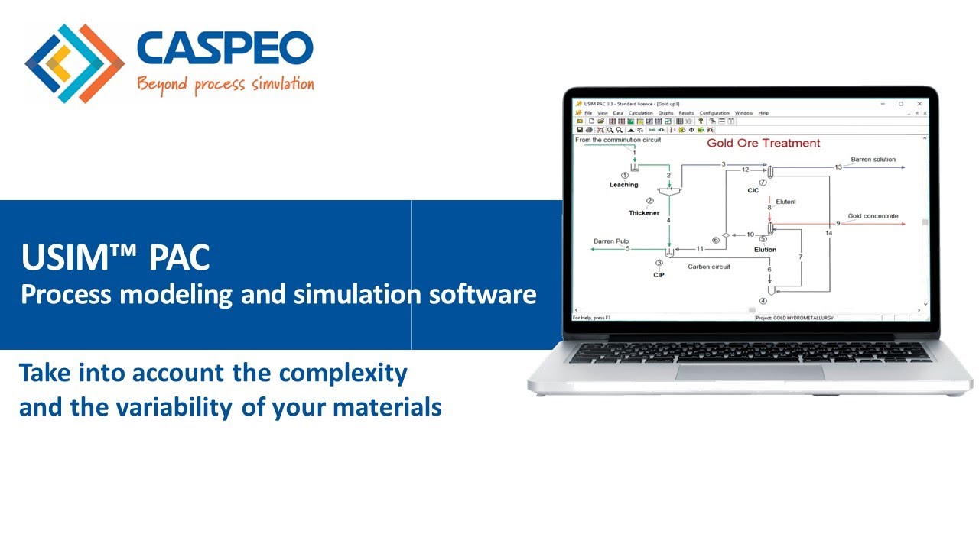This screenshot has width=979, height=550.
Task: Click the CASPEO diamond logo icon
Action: (74, 63)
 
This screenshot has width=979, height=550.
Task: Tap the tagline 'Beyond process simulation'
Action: (225, 83)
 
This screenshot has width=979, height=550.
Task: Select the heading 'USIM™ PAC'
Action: (115, 257)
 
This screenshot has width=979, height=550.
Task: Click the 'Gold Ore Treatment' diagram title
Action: (763, 143)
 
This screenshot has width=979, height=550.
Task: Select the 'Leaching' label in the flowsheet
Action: (623, 185)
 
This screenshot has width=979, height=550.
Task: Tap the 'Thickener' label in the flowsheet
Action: (644, 213)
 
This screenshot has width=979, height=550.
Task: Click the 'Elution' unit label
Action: (765, 250)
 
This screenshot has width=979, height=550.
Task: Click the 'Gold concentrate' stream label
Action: (873, 216)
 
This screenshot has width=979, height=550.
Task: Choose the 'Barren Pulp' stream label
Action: (611, 241)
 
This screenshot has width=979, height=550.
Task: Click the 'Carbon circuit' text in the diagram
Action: (709, 267)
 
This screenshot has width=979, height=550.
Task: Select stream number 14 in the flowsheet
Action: (829, 232)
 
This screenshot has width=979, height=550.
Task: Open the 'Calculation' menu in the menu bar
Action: (640, 113)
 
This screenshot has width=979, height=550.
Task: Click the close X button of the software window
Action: (917, 104)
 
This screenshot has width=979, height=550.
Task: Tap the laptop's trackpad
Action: (750, 372)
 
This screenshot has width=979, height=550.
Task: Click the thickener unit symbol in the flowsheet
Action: (669, 192)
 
